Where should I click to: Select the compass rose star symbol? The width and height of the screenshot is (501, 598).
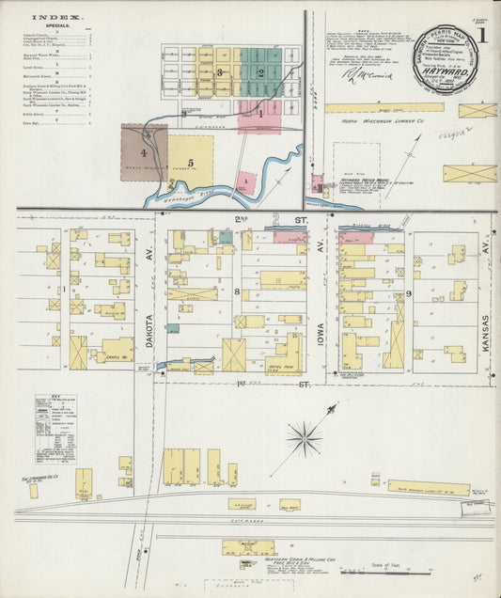305,435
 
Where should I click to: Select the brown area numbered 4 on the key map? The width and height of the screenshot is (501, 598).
144,150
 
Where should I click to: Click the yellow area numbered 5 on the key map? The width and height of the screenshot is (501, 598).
190,162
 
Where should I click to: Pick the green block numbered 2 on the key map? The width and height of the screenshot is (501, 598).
259,72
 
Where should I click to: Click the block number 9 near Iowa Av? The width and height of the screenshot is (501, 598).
408,293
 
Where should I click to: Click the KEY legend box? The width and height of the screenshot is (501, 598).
55,428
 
